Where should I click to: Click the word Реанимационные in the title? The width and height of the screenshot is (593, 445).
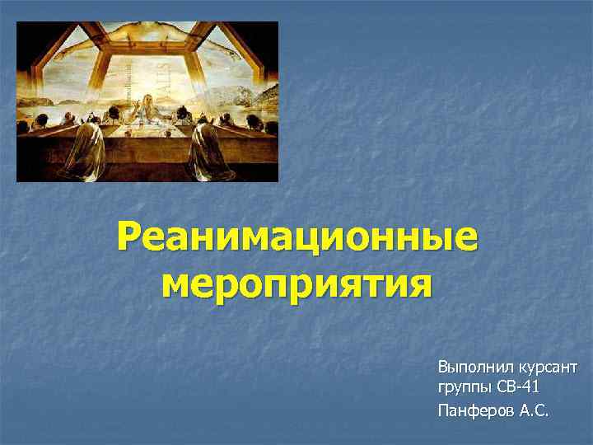coord(296,239)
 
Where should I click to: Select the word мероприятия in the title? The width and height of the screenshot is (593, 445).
coord(296,285)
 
